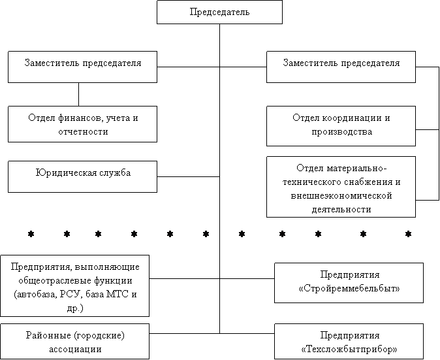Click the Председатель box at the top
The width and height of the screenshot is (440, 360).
tap(219, 12)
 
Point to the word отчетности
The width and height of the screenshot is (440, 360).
tap(82, 131)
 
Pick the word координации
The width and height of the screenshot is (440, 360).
tap(353, 118)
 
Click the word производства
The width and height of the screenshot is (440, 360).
tap(341, 131)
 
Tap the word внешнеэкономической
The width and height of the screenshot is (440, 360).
tap(341, 195)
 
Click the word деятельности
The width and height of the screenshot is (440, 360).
tap(341, 209)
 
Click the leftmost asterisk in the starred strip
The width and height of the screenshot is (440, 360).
tap(30, 233)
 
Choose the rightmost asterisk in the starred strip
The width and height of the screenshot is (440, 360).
tap(409, 233)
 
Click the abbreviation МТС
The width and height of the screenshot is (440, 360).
tap(116, 294)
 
